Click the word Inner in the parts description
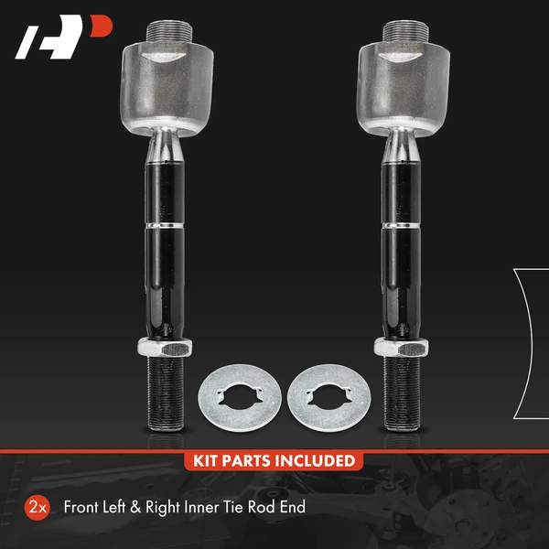point(212,506)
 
